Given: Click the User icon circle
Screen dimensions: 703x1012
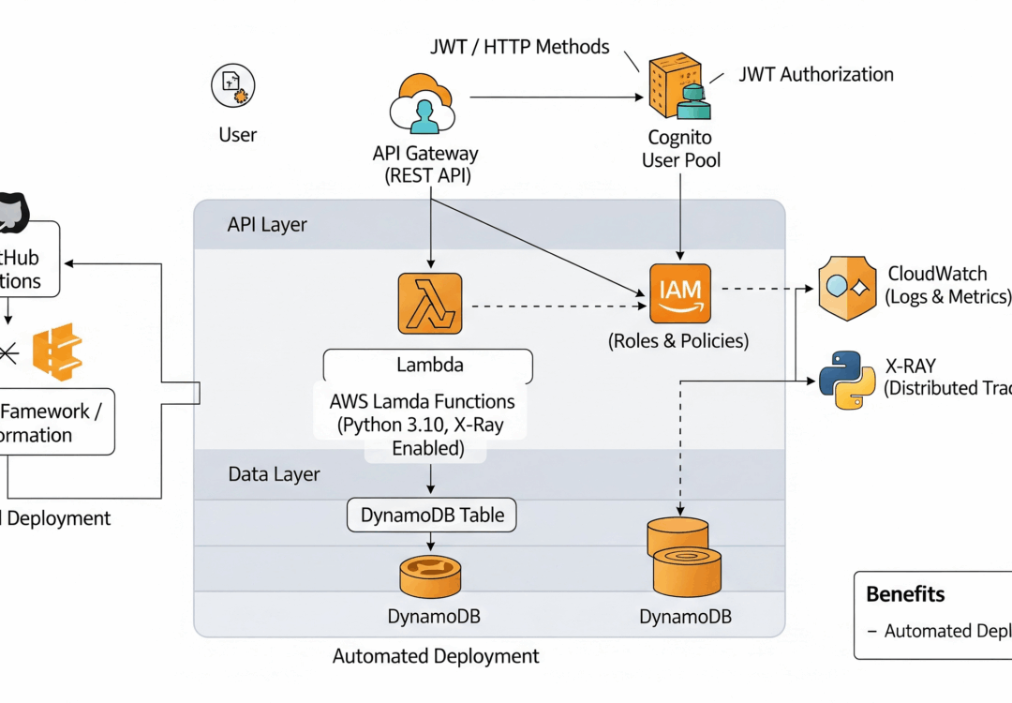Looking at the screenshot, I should pos(233,86).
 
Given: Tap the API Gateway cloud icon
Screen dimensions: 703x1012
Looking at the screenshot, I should pos(424,105).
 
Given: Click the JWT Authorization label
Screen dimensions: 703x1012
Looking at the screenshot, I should pos(815,74).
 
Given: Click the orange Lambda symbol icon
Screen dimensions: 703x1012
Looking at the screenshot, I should pos(430,304).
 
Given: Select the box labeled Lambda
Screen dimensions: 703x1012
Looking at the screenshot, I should pos(428,364).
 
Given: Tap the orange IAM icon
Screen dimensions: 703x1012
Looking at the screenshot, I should pos(680,292).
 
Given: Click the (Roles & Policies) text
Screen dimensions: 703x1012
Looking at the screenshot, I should pos(679,341).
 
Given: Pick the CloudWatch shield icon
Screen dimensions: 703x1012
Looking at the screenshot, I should pos(846,288).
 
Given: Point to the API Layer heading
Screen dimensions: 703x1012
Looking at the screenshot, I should pos(267,225).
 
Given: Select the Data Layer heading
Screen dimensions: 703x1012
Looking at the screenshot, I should pos(274,474).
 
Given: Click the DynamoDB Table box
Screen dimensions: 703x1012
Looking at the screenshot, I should pos(431,515).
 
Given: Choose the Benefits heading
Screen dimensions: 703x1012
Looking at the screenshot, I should pos(904,593).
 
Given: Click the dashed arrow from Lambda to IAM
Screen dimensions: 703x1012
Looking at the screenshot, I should pos(553,305).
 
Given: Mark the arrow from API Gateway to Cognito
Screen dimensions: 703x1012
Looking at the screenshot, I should pos(553,97).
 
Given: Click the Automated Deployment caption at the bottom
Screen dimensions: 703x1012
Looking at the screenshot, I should pos(436,656).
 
